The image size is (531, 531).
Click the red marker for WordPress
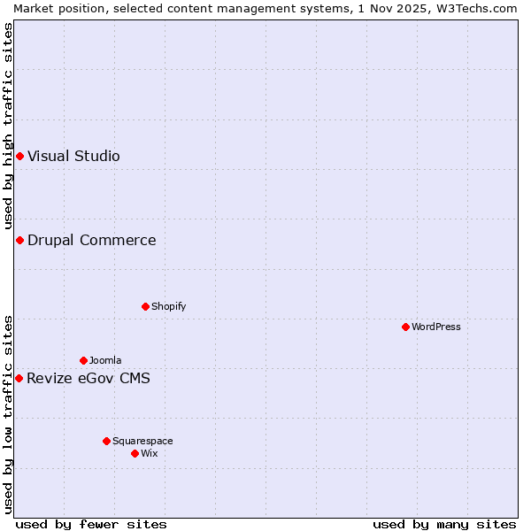click(x=405, y=327)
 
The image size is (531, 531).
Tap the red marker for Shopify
click(x=145, y=306)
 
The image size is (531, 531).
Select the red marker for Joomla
click(x=83, y=360)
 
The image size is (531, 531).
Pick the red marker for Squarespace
click(x=106, y=441)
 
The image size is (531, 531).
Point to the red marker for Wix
click(x=135, y=453)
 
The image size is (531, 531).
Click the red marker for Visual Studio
click(x=19, y=156)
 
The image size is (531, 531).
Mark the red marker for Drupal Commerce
click(x=19, y=240)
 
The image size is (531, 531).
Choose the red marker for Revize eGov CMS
click(x=19, y=378)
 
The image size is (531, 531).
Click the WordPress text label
click(x=436, y=327)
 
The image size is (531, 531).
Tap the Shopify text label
click(x=168, y=306)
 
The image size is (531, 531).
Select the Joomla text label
click(x=105, y=360)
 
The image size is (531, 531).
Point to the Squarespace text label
click(x=142, y=441)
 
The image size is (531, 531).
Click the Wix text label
click(x=150, y=453)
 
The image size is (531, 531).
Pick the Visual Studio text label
click(x=73, y=156)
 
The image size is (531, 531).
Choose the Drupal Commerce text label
click(x=92, y=240)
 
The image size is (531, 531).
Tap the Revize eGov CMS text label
click(x=88, y=378)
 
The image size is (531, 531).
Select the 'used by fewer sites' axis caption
click(x=91, y=524)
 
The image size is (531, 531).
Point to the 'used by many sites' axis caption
click(x=444, y=524)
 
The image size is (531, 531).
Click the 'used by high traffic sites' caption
click(x=8, y=126)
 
